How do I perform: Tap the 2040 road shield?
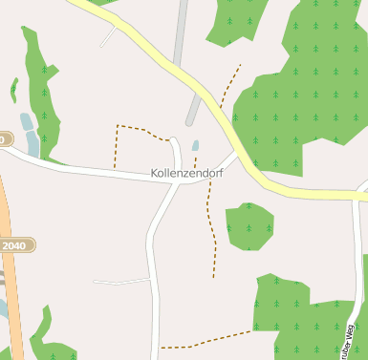(14, 245)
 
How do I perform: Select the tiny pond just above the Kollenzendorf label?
(196, 146)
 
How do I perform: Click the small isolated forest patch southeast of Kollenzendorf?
(249, 226)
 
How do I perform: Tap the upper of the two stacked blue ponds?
(27, 121)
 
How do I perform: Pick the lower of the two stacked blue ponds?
(32, 143)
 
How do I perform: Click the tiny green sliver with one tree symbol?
(13, 89)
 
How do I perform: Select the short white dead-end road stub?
(121, 282)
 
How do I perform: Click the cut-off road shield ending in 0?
(3, 139)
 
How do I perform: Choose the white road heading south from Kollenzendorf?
(153, 258)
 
